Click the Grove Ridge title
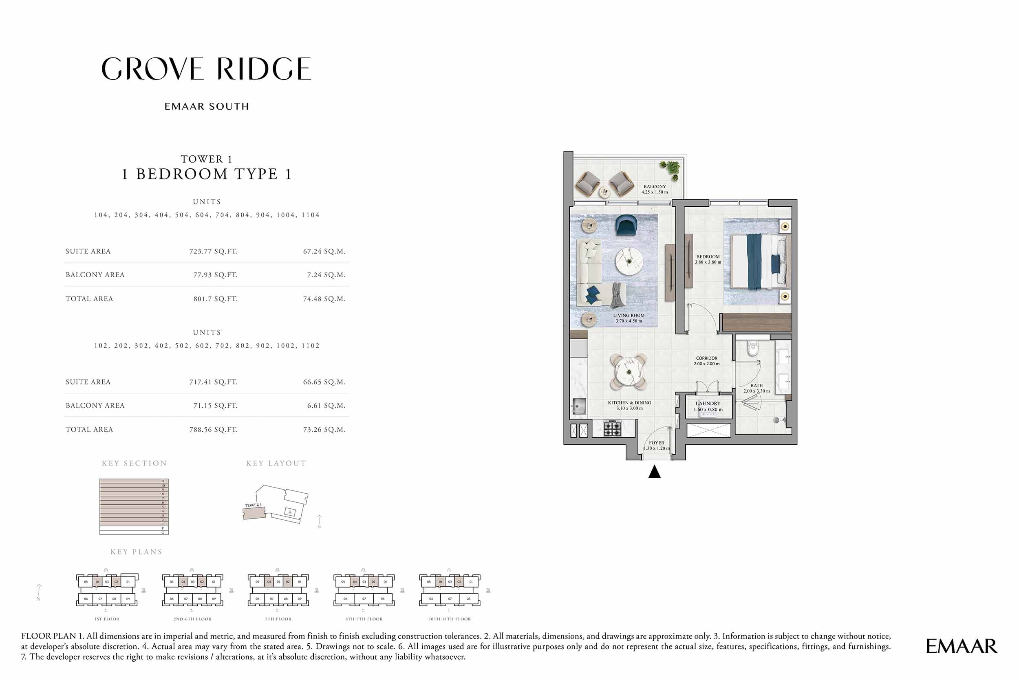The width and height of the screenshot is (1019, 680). (x=206, y=68)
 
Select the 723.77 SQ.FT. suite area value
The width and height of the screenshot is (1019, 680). (x=213, y=251)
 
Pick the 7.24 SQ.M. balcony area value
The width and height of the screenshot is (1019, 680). (x=326, y=274)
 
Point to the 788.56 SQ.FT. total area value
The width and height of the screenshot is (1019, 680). (x=213, y=429)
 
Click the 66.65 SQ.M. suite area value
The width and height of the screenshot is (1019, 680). (x=324, y=382)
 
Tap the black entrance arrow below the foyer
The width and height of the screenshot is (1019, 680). (x=654, y=472)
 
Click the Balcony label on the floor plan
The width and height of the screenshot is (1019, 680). (x=655, y=189)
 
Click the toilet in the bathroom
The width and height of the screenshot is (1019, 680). (x=753, y=348)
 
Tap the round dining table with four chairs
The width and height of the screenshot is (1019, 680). (x=628, y=371)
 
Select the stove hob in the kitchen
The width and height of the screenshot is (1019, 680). (x=612, y=428)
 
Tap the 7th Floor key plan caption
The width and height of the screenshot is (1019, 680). (x=278, y=619)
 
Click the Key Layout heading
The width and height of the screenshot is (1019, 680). (x=276, y=463)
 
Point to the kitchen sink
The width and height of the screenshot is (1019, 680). (x=578, y=407)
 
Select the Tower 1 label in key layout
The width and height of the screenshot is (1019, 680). (x=253, y=505)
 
